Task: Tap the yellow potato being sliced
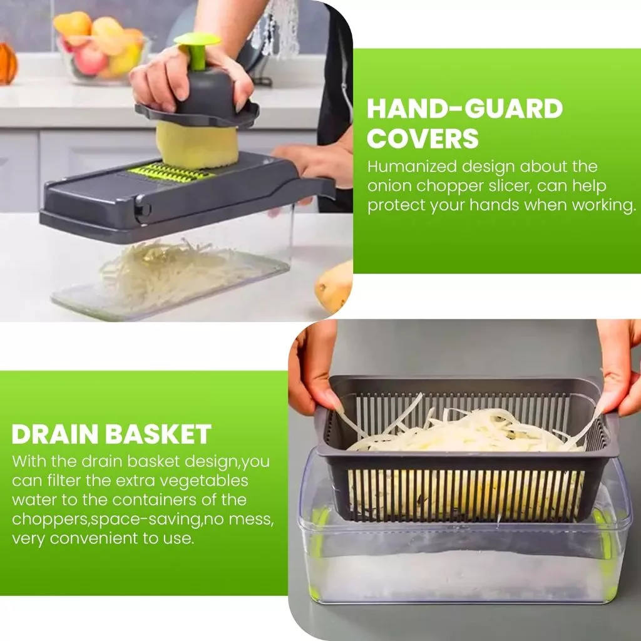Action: click(x=197, y=145)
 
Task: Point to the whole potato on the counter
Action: click(x=334, y=285)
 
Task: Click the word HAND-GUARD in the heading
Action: click(x=465, y=108)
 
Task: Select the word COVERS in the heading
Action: click(x=423, y=138)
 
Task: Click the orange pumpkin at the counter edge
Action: click(x=8, y=63)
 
